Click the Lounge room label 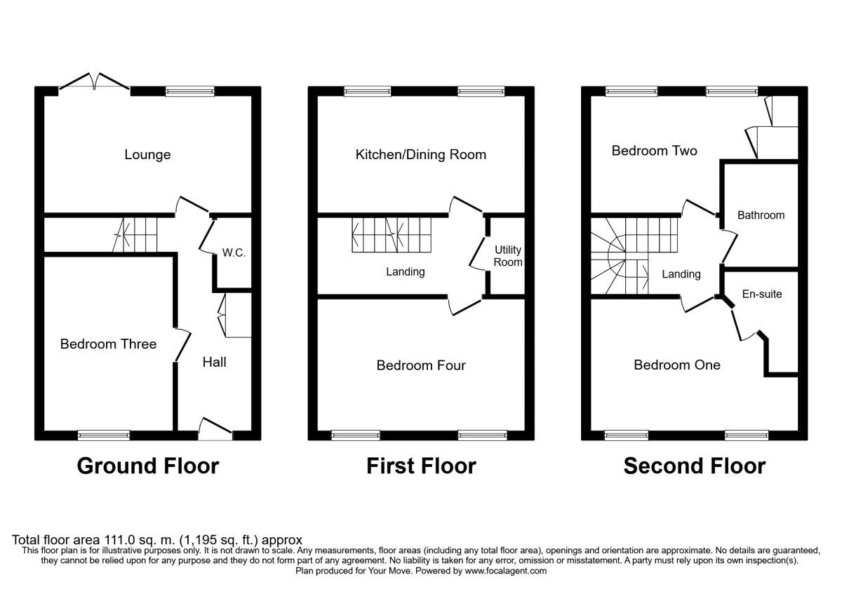147,154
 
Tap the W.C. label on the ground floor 234,253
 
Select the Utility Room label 508,256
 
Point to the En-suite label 762,294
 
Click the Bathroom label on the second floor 761,215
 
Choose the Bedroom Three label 108,344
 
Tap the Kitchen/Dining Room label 420,154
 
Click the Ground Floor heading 148,466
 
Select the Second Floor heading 694,466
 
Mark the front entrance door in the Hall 215,429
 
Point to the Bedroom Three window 104,435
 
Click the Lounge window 190,91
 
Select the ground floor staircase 135,235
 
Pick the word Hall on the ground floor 214,362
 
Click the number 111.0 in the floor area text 118,540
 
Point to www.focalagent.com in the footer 506,571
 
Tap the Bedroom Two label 655,151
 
